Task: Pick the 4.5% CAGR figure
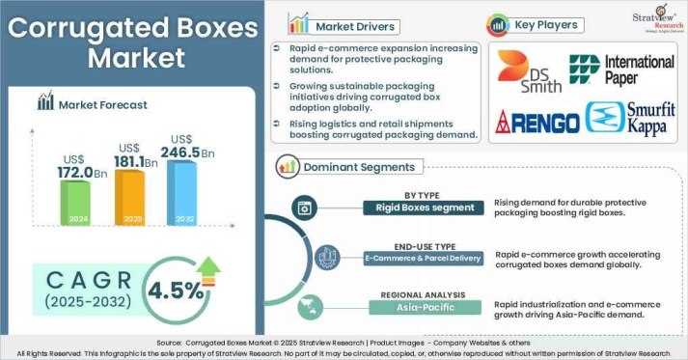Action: coord(176,289)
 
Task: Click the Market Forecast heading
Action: coord(101,102)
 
